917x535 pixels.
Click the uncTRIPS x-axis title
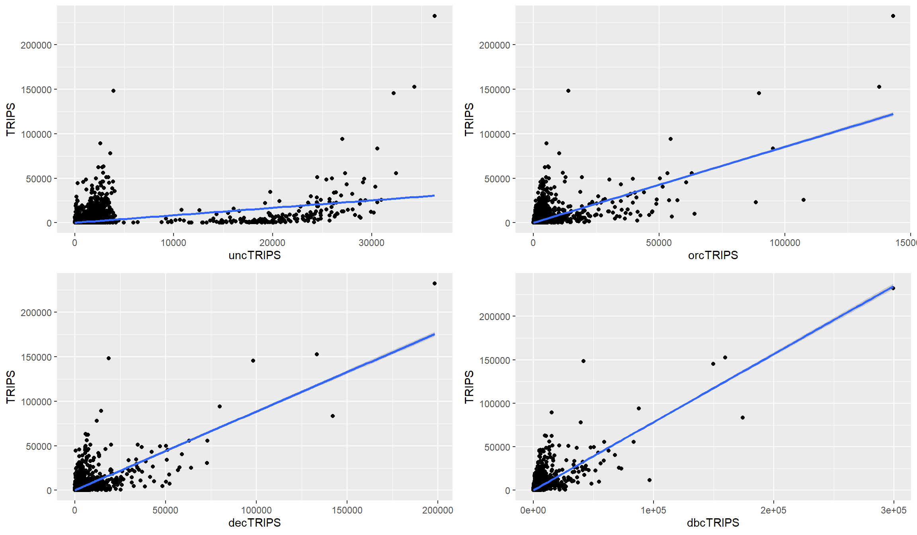click(255, 255)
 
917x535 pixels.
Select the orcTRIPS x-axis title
click(713, 255)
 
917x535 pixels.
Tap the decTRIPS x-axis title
click(255, 523)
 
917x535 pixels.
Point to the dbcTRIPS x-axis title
click(713, 523)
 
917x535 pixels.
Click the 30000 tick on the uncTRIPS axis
click(371, 243)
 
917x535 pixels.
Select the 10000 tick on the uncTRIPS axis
click(174, 243)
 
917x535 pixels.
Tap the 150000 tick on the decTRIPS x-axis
click(347, 510)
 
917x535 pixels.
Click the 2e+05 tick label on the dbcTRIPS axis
click(773, 510)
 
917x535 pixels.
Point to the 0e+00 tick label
click(533, 510)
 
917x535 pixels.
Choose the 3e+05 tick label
click(894, 510)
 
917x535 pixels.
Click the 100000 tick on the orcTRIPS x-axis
click(784, 243)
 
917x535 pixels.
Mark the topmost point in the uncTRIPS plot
click(435, 16)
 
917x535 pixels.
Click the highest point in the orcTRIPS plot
click(893, 16)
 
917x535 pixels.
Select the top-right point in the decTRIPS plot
click(435, 283)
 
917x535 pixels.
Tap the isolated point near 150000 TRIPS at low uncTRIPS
click(113, 91)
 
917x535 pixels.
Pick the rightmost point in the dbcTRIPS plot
click(893, 288)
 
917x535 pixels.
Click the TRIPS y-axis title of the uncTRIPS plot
click(11, 119)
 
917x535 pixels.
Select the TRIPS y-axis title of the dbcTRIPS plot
click(469, 387)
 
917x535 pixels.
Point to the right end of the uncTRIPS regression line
click(435, 195)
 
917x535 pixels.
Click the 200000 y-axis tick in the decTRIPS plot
click(36, 313)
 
